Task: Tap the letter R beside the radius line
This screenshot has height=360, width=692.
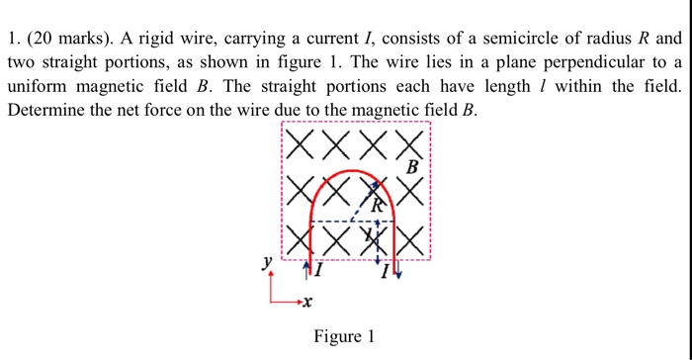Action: pos(378,206)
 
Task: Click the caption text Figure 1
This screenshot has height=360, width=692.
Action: pos(343,336)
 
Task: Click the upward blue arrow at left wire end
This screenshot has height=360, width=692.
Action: pos(311,265)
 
